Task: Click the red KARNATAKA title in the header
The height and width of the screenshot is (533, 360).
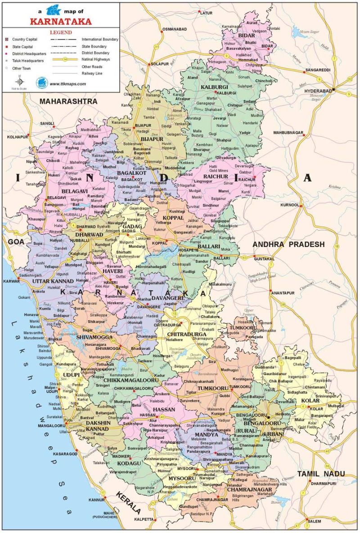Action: click(60, 21)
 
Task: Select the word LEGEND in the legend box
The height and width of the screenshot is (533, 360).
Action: click(60, 33)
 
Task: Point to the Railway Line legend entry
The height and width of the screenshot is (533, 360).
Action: click(93, 72)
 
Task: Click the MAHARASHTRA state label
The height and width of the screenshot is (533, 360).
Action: click(68, 102)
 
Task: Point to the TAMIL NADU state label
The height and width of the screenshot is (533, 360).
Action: click(320, 474)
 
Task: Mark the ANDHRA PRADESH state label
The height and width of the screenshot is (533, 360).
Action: click(288, 244)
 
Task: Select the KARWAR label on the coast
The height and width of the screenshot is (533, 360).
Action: click(12, 281)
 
